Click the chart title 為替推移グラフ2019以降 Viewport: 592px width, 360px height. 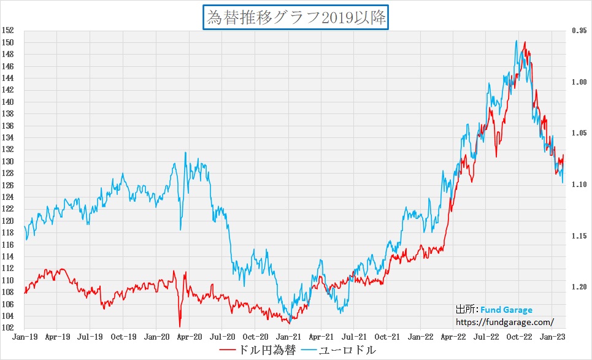coord(296,17)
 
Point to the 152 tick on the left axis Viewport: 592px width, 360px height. coord(8,31)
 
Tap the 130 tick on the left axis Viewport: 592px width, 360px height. coord(8,161)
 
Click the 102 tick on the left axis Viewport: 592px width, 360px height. coord(8,327)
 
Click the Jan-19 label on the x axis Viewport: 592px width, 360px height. coord(23,337)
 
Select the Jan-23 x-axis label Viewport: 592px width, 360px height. coord(554,337)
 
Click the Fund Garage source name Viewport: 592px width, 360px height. coord(506,310)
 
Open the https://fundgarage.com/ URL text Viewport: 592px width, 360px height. coord(505,321)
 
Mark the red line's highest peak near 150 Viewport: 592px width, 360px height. coord(525,42)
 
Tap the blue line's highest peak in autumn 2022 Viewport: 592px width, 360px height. coord(517,41)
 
